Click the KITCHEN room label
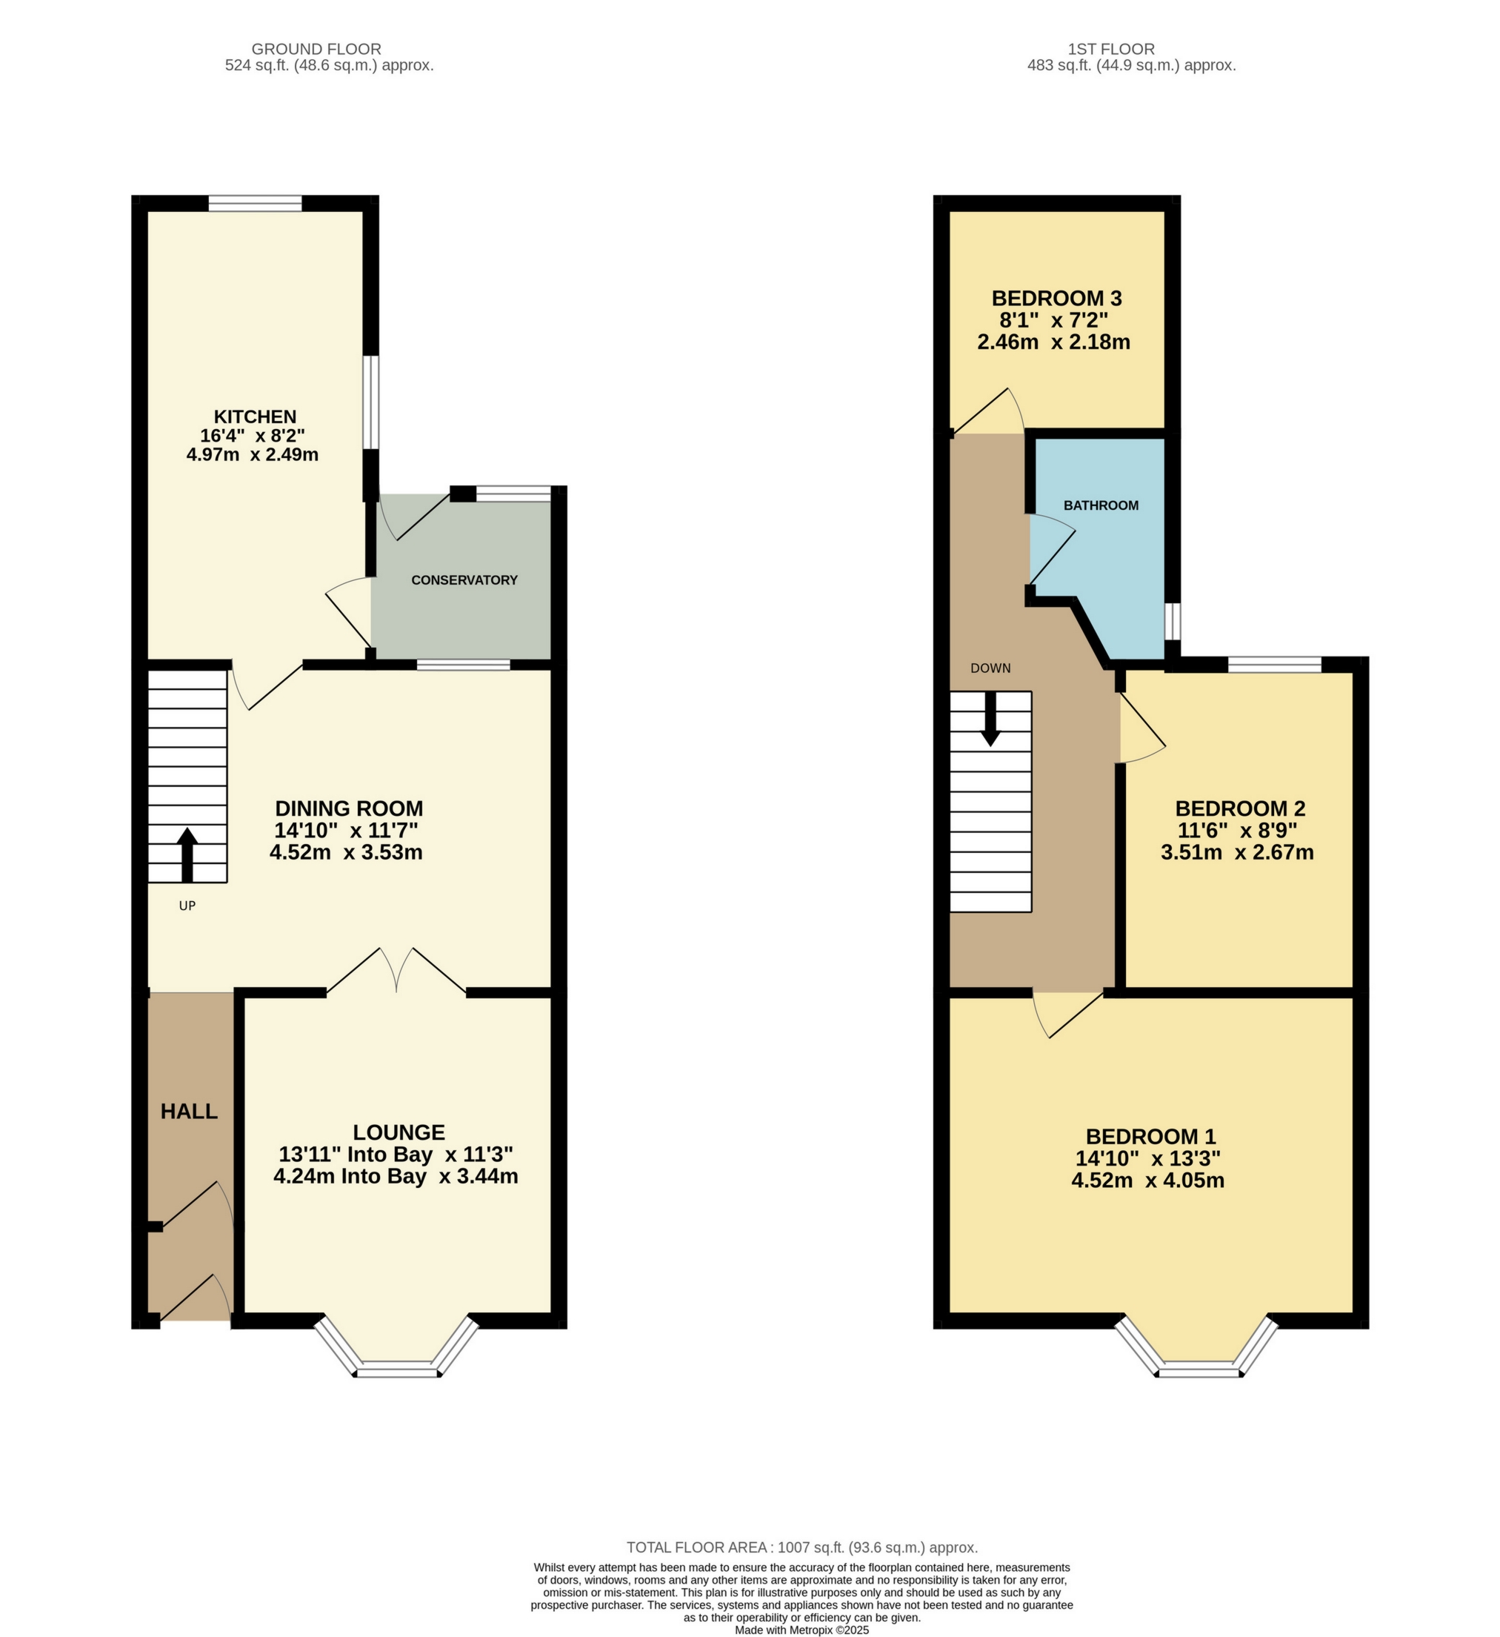tap(255, 416)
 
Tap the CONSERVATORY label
tap(464, 580)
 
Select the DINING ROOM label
tap(349, 808)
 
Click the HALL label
tap(189, 1112)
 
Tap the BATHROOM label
tap(1101, 505)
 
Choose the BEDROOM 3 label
tap(1056, 299)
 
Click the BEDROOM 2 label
tap(1239, 808)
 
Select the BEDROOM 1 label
tap(1150, 1137)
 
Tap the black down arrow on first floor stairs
tap(990, 719)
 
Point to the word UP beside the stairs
tap(187, 906)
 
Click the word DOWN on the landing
tap(990, 668)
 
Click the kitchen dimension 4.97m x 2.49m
tap(253, 455)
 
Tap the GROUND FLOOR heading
tap(316, 49)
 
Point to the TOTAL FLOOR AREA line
tap(802, 1547)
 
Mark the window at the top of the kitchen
tap(255, 203)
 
